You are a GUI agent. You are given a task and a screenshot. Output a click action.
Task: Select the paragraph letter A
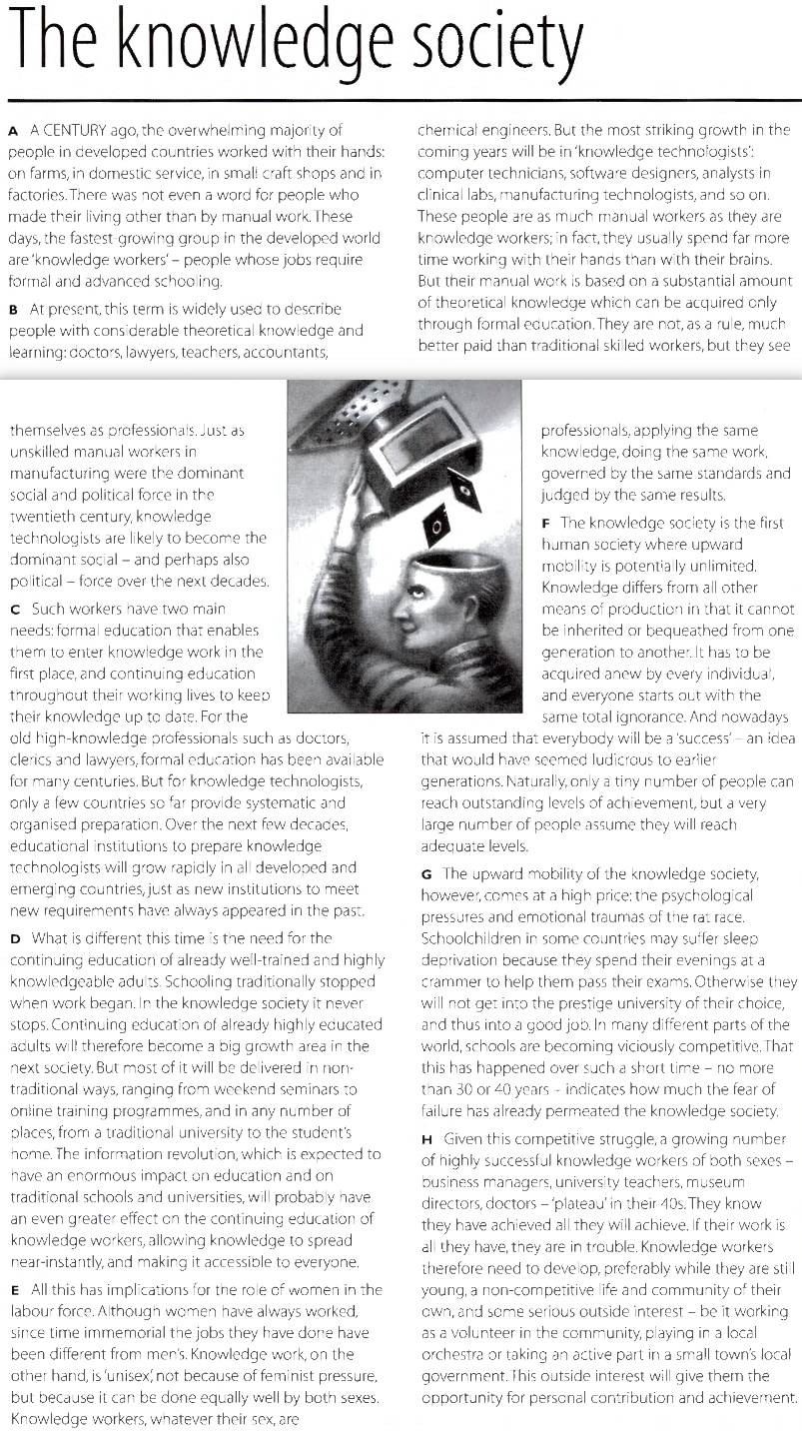click(x=13, y=130)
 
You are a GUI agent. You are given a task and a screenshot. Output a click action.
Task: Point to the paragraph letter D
click(x=14, y=938)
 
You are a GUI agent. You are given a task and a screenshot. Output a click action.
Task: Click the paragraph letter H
click(x=426, y=1138)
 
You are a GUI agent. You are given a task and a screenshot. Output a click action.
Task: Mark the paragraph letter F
click(x=545, y=523)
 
